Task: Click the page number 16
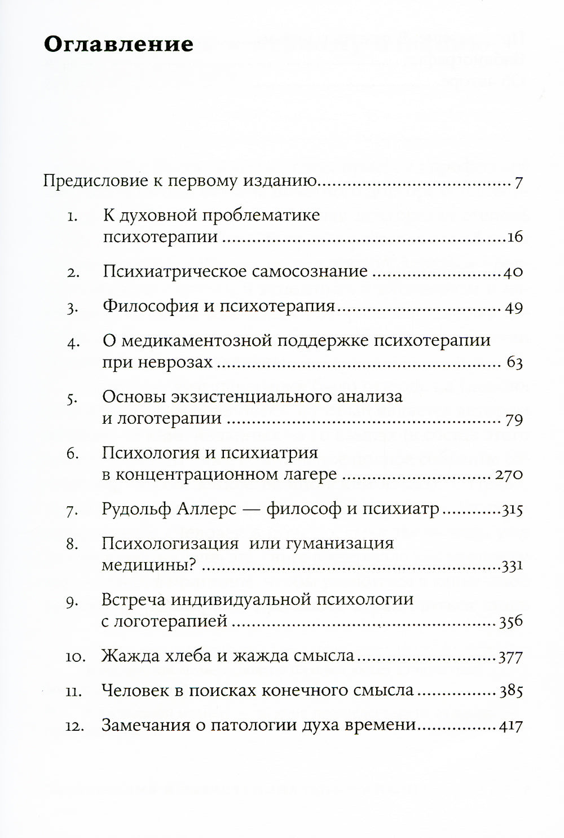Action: point(515,237)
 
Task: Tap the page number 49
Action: point(513,308)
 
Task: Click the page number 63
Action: point(514,363)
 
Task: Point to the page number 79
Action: point(513,419)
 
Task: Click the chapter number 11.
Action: point(73,691)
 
